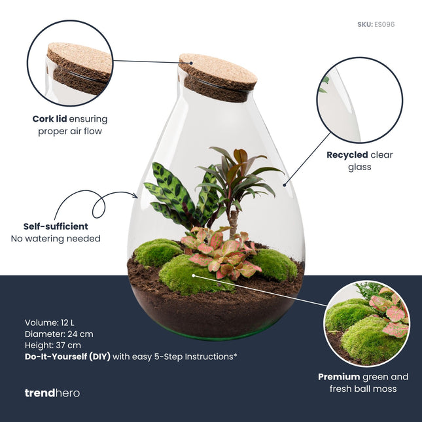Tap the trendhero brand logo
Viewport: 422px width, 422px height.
[52, 393]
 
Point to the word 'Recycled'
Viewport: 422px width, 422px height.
[347, 156]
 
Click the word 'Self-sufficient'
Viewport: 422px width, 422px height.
[56, 226]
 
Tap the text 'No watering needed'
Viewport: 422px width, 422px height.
[56, 239]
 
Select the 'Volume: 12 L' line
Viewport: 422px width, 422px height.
[51, 323]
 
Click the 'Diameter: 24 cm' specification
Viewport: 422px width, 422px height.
[59, 334]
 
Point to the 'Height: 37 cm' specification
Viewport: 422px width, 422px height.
[53, 345]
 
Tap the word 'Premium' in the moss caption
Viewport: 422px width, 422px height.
[339, 377]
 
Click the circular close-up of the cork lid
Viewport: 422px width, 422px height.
[70, 63]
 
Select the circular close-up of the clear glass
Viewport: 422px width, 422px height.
[359, 99]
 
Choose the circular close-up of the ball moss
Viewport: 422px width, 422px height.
[366, 323]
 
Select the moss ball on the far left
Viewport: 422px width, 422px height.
[158, 252]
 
